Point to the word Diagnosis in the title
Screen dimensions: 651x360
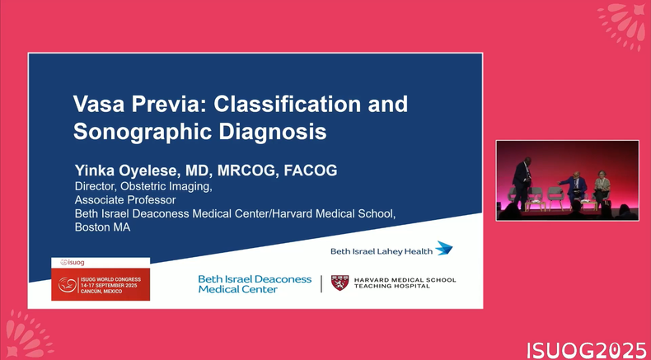[x=273, y=132]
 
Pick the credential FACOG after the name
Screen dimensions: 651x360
[x=311, y=171]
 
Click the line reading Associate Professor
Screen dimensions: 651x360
[x=125, y=200]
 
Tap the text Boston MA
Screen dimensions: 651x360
[x=102, y=227]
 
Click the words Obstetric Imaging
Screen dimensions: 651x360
[x=166, y=187]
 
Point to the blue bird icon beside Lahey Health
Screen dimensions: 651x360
[x=444, y=248]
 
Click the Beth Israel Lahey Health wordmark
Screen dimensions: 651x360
[x=382, y=251]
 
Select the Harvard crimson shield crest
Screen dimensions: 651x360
[x=340, y=283]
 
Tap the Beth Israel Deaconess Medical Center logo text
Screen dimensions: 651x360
[x=255, y=284]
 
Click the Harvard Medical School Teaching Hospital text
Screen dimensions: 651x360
[x=405, y=283]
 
